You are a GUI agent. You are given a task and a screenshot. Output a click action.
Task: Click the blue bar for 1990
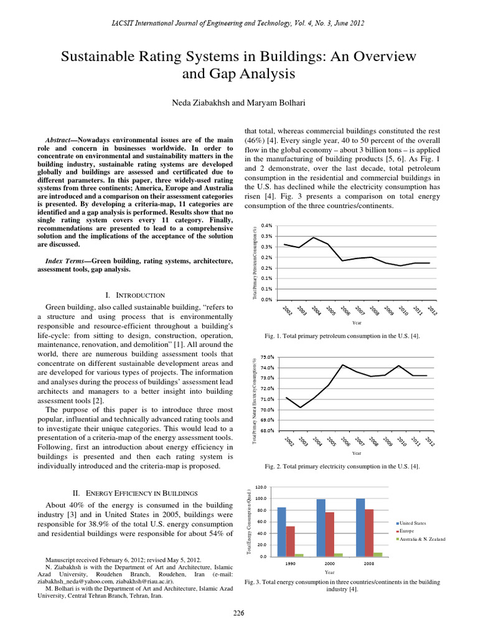point(281,531)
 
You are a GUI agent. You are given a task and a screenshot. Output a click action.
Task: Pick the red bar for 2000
point(330,534)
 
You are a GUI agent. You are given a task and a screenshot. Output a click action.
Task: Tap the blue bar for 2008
point(360,527)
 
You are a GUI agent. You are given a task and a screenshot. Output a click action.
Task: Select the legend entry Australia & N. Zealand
point(423,538)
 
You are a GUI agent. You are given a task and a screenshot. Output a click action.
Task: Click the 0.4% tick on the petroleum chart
point(265,226)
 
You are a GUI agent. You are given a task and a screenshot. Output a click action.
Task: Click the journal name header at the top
point(238,23)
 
